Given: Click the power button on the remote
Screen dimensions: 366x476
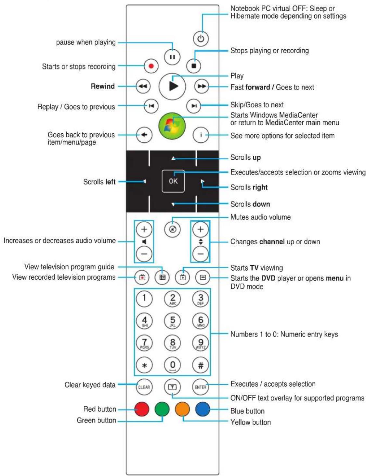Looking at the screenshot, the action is (201, 39).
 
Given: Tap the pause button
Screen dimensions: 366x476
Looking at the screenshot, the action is (172, 57).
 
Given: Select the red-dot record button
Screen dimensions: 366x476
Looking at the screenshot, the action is (151, 66).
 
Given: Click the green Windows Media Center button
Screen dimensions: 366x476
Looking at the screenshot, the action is (172, 126).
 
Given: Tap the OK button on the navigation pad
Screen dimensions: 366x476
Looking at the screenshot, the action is (173, 181).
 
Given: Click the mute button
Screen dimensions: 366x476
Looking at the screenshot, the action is (172, 229).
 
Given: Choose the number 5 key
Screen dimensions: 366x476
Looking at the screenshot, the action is (173, 321).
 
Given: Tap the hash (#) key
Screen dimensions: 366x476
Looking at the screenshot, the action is (201, 365).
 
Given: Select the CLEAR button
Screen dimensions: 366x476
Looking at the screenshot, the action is (144, 387).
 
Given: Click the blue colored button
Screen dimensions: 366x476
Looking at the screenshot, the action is (203, 409).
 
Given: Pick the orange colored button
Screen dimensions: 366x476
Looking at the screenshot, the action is (182, 409).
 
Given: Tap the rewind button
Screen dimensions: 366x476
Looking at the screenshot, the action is (143, 86).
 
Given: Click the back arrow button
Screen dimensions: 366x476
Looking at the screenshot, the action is (144, 135).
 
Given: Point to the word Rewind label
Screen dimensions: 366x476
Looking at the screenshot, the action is (103, 86).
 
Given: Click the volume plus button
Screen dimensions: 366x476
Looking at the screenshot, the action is (144, 229).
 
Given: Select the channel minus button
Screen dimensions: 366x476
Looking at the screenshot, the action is (200, 254).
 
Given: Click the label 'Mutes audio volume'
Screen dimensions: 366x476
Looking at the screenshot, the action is (260, 217).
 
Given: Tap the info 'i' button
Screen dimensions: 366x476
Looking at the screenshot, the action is (201, 135).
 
